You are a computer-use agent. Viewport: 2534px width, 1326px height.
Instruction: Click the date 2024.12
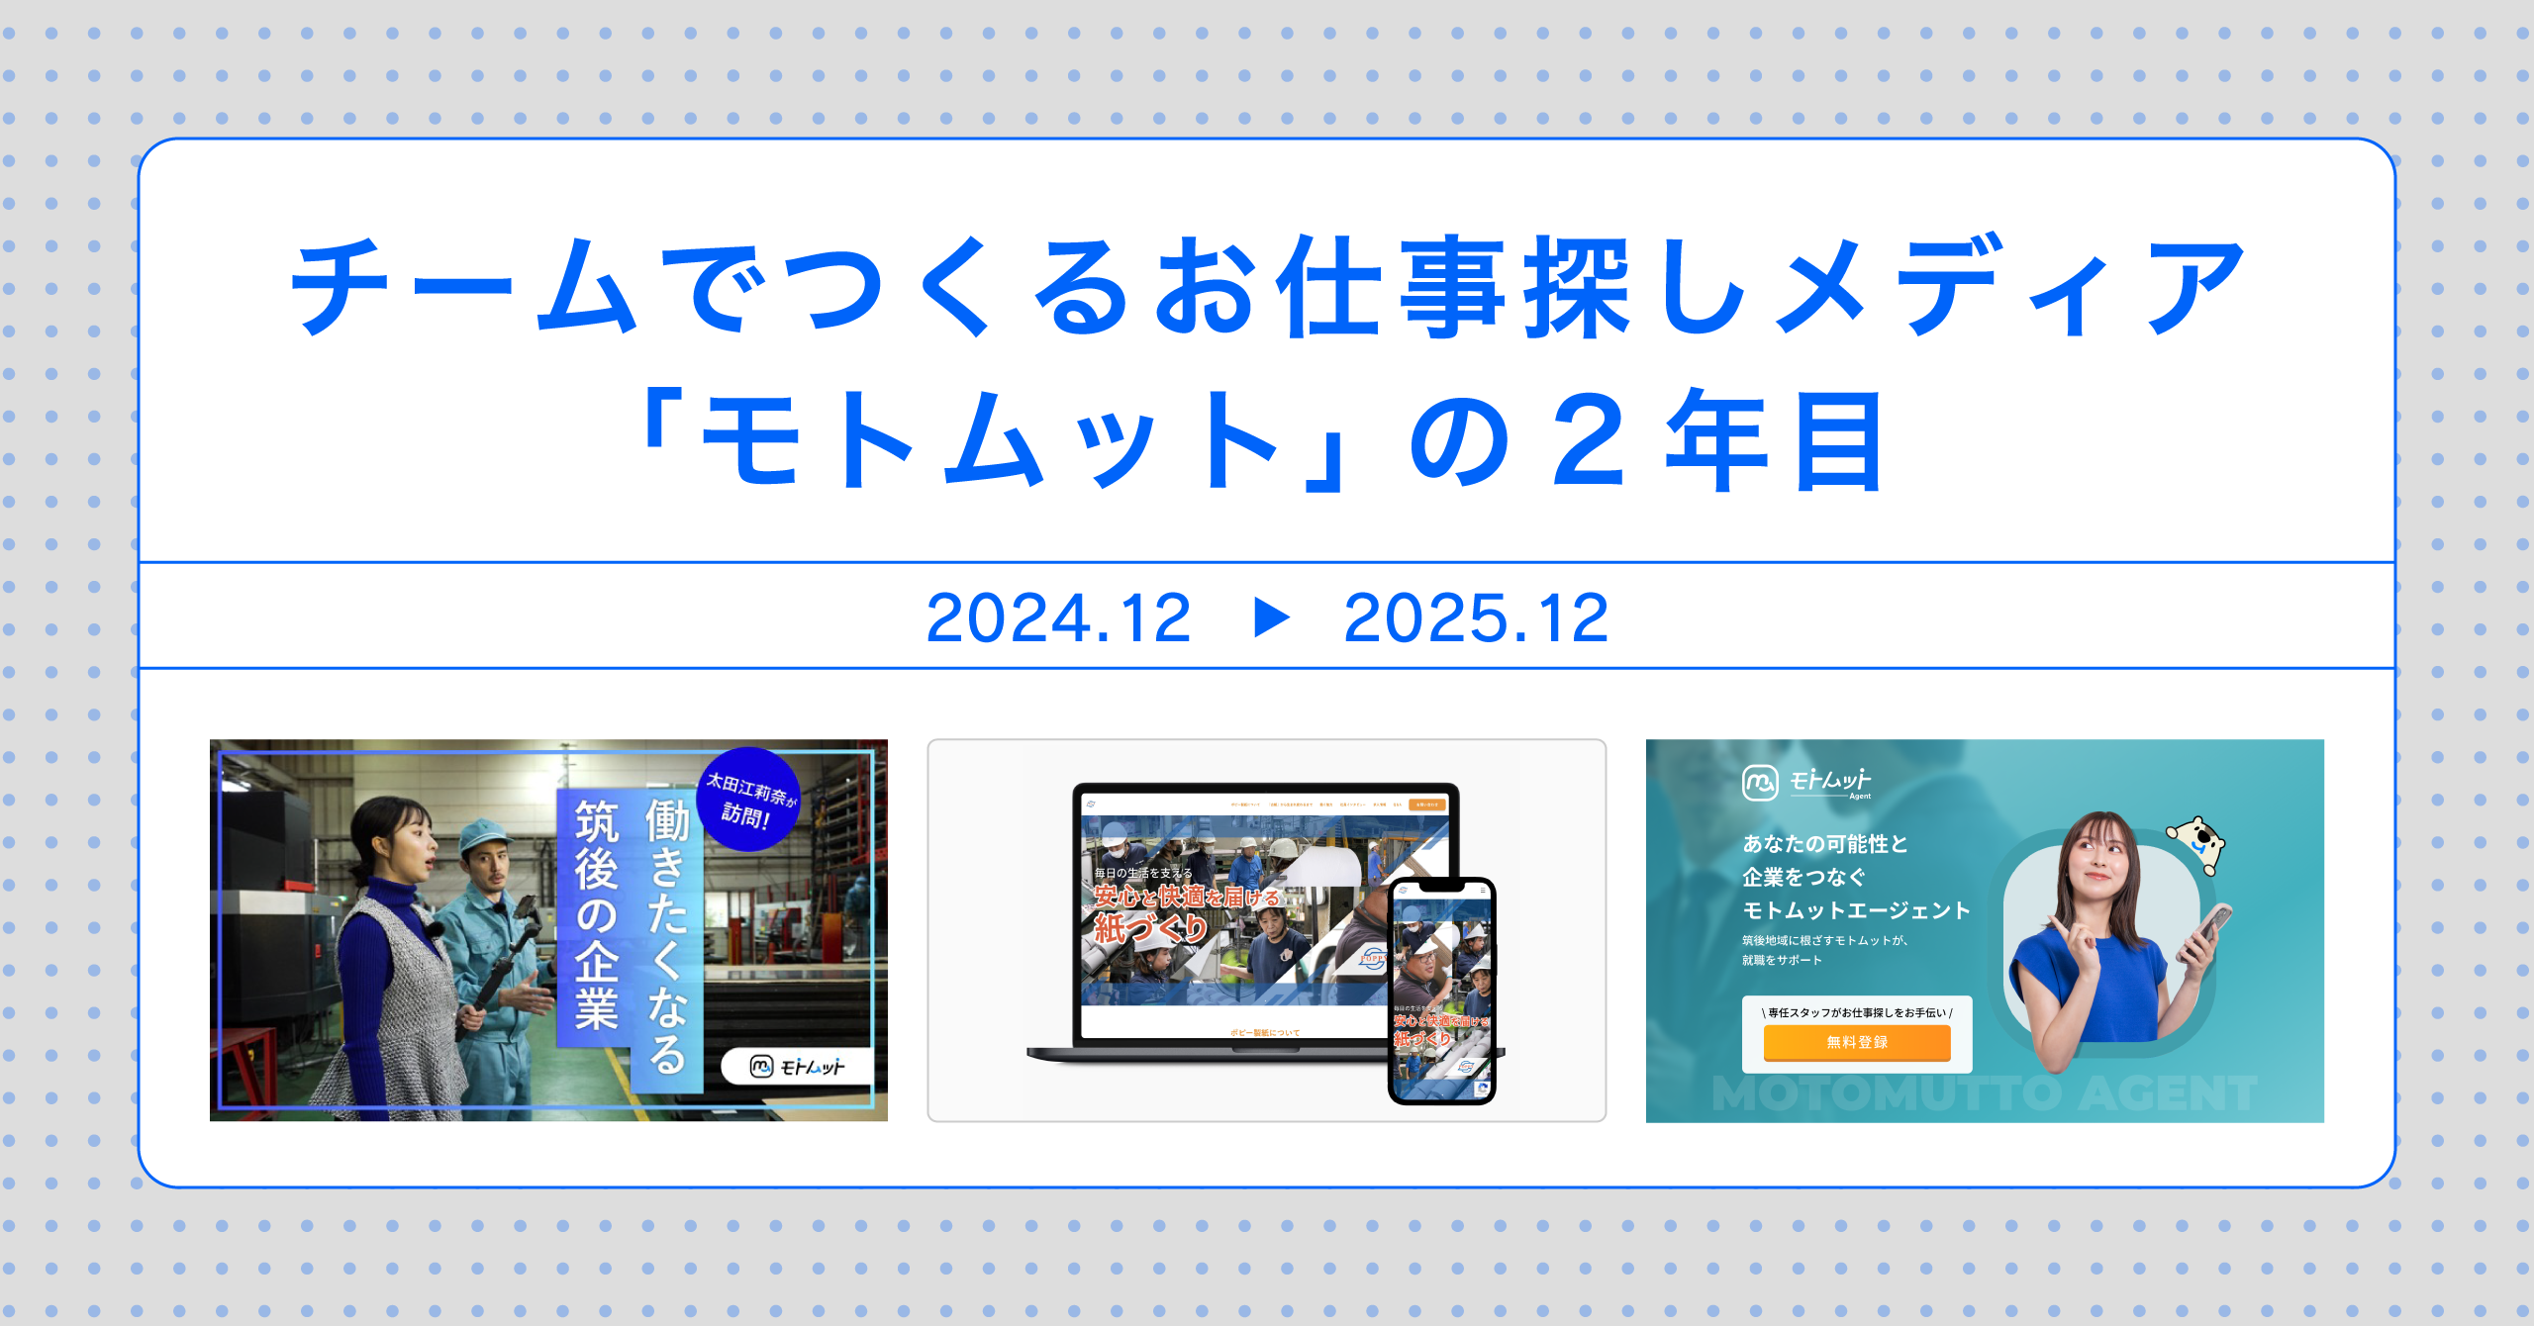[1058, 618]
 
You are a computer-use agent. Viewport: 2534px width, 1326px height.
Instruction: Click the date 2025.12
[1476, 618]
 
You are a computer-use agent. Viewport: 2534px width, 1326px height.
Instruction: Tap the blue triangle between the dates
[1271, 617]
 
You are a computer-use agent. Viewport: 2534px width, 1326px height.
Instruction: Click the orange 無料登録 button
[1856, 1042]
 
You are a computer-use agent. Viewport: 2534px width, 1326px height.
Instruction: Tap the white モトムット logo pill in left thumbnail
[797, 1067]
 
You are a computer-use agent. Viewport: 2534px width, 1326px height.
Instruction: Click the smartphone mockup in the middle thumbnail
[1442, 990]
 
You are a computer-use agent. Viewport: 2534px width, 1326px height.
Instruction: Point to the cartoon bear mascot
[2198, 841]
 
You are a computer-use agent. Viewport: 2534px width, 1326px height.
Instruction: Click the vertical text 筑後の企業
[596, 915]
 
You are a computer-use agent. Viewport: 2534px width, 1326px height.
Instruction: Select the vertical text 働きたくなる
[666, 935]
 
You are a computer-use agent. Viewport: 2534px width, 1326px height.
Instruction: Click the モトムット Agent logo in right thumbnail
[1807, 783]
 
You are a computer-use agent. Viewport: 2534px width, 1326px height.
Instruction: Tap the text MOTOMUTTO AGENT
[1985, 1094]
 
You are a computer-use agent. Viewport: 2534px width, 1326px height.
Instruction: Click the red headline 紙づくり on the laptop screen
[1150, 928]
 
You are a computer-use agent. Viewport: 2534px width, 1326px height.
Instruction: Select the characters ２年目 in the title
[1717, 440]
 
